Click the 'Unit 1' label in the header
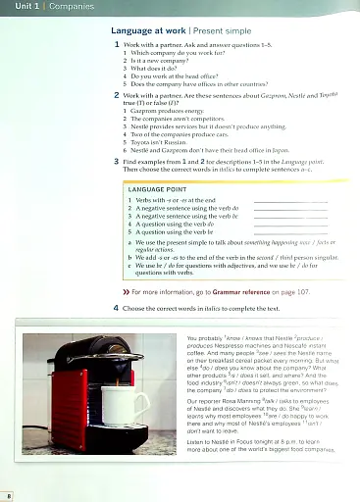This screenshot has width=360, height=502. point(19,6)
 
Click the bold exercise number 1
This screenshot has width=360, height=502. point(116,46)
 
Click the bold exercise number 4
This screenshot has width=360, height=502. point(116,307)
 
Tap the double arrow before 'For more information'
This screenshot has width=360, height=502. point(126,292)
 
